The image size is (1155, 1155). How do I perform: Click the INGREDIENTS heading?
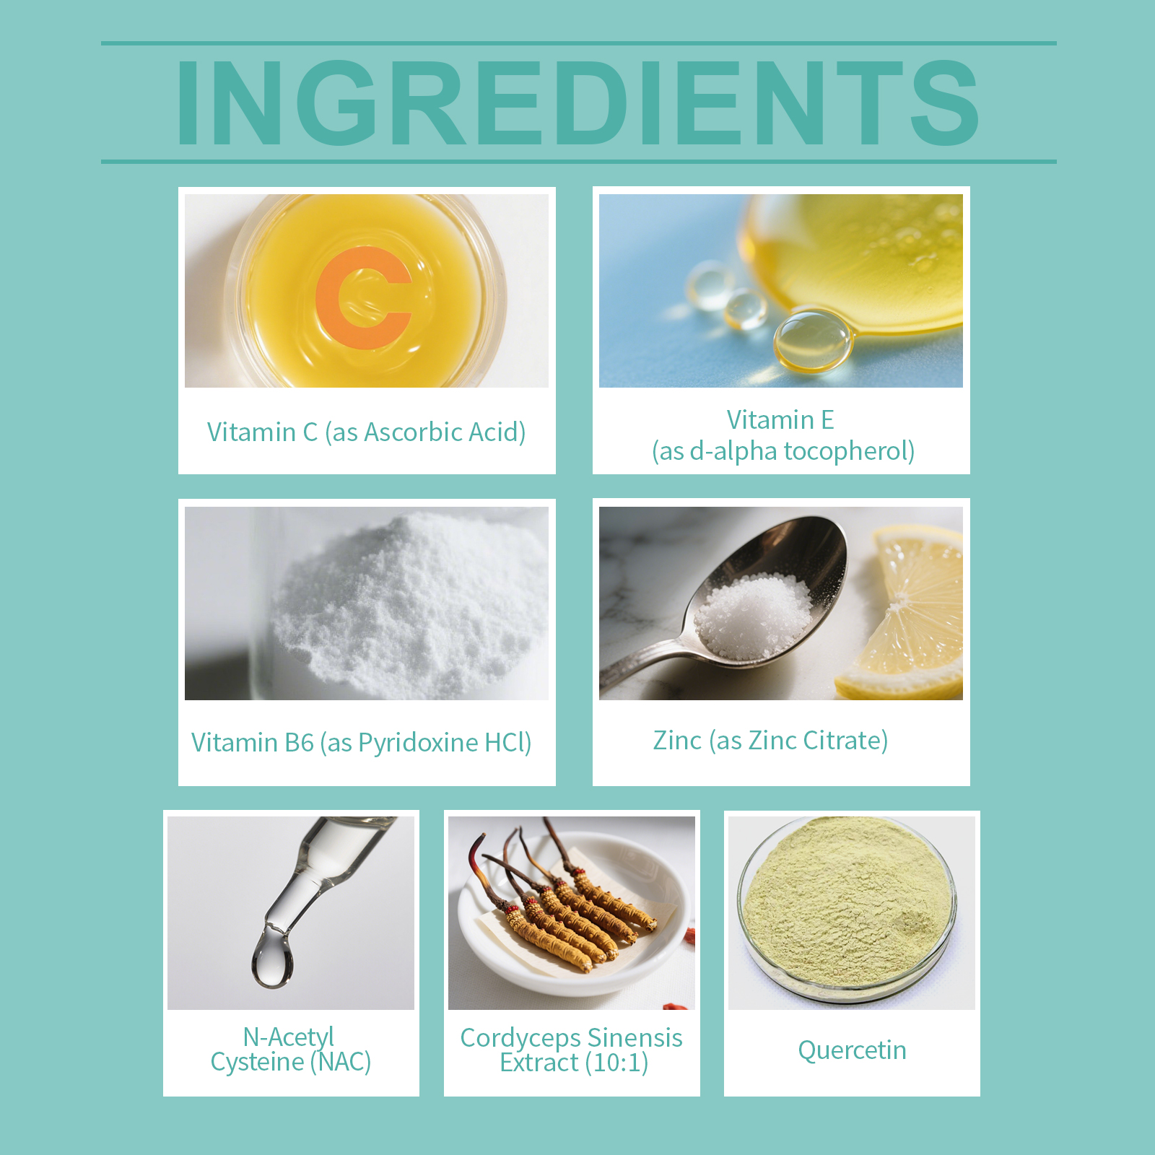[x=577, y=103]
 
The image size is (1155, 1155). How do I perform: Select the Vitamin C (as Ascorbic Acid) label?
[x=366, y=432]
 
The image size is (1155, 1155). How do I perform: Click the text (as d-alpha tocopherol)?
[x=783, y=451]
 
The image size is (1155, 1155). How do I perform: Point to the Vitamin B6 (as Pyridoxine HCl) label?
[x=362, y=743]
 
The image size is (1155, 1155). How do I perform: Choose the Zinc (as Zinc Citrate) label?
[x=770, y=741]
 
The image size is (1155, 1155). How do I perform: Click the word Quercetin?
[x=852, y=1050]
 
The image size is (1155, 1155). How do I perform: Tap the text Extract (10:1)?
[x=574, y=1063]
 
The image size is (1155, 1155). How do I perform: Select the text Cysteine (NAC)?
[x=291, y=1062]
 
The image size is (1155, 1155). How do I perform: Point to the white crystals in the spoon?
[x=753, y=616]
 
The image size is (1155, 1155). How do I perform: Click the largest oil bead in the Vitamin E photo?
[x=813, y=341]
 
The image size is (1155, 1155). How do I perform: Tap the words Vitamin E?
[x=780, y=419]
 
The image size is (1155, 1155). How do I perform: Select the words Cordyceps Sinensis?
[x=571, y=1038]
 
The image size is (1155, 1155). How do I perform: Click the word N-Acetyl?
[x=288, y=1037]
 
